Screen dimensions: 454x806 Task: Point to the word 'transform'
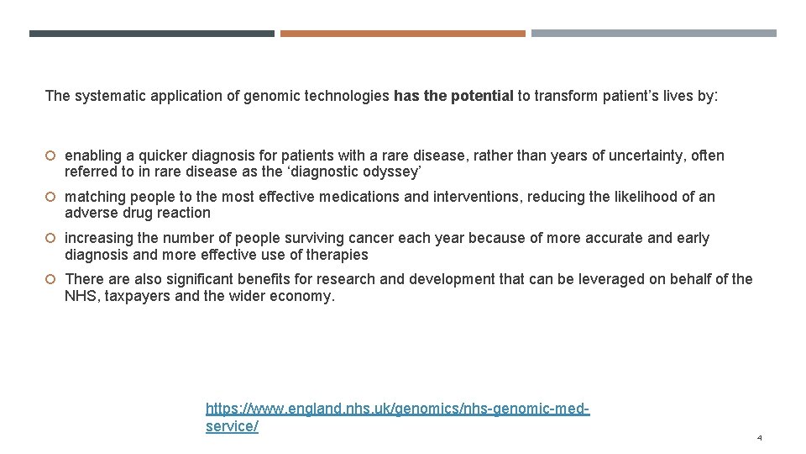point(568,96)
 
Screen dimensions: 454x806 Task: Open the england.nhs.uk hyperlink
point(397,409)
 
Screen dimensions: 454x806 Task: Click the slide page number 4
point(759,438)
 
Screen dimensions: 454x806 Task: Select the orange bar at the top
point(402,34)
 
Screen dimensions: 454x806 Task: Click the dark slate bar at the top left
point(151,34)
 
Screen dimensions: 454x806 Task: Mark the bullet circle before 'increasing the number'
point(50,239)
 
